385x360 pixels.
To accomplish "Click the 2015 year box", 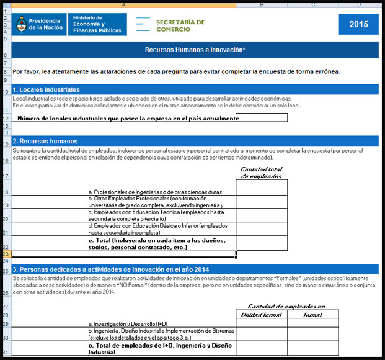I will point(358,25).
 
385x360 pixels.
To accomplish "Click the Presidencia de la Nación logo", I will point(38,24).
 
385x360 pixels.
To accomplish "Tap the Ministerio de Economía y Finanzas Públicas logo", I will point(97,24).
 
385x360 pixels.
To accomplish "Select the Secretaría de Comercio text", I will point(180,25).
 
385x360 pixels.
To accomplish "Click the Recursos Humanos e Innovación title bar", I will point(195,48).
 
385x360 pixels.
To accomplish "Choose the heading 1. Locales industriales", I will point(46,90).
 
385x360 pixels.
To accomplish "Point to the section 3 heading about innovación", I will point(112,269).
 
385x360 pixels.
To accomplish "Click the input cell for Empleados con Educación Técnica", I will point(261,215).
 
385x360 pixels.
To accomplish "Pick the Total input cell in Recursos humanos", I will point(261,243).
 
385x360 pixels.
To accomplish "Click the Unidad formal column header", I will point(261,315).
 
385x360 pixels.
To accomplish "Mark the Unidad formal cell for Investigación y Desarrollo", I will point(261,323).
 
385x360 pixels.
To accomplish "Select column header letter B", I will point(261,5).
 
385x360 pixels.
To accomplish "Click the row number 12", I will point(5,117).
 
